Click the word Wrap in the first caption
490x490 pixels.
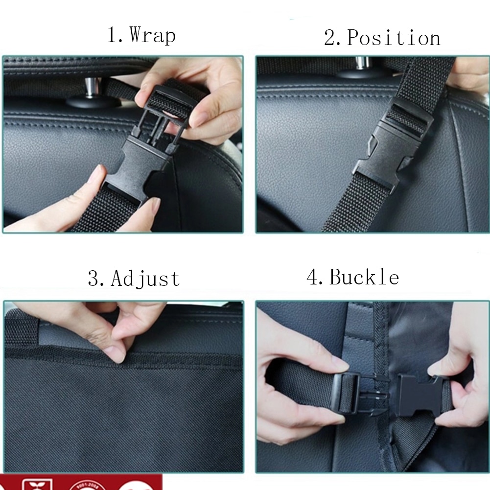152,36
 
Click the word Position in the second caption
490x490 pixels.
394,38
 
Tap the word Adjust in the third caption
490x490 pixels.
145,279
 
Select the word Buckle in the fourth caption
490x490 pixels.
364,277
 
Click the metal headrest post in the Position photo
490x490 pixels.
362,64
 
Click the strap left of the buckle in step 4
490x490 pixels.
303,387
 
